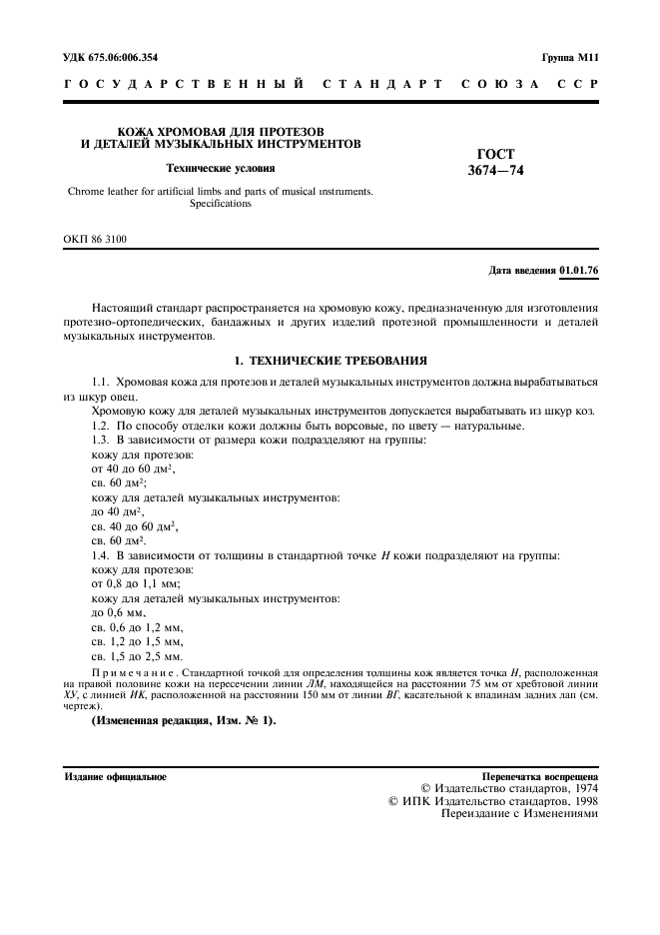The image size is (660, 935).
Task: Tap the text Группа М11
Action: (x=568, y=58)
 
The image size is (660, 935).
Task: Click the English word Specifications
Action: (x=220, y=204)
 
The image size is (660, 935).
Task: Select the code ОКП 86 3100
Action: (x=96, y=239)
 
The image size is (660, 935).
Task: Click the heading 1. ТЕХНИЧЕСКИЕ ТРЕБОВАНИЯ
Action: (x=330, y=359)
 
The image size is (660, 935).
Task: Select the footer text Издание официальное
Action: (x=116, y=775)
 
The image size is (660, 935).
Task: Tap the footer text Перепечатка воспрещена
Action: (x=539, y=775)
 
